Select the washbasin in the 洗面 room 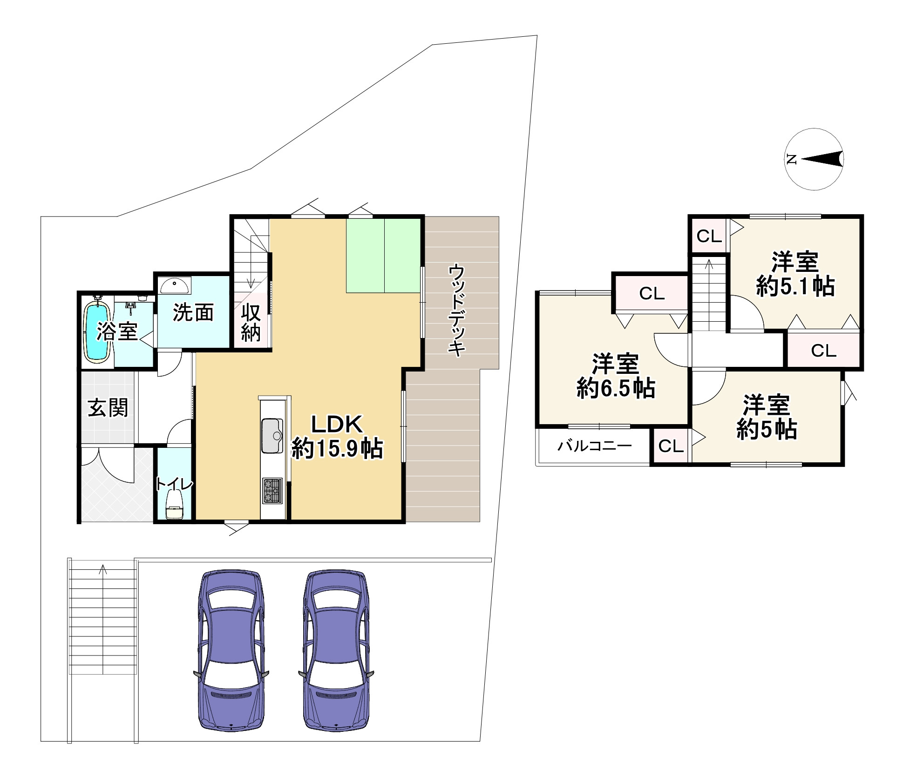[175, 285]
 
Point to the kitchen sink [272, 435]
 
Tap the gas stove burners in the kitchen [272, 491]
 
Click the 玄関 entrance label [108, 408]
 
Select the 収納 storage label [251, 324]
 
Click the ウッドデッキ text [457, 311]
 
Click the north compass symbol [814, 159]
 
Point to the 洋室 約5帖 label [767, 417]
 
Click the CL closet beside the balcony [671, 446]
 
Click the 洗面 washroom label [193, 312]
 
